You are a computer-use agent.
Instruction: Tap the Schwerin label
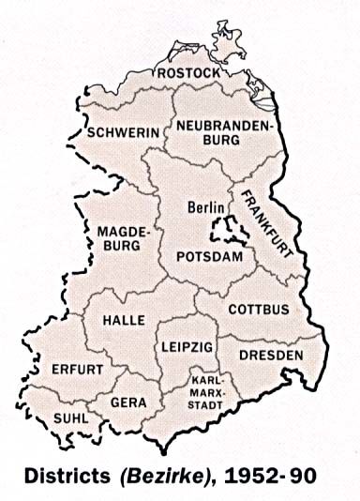tap(123, 134)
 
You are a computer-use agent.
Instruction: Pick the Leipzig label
tap(187, 347)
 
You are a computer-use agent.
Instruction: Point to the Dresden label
tap(271, 356)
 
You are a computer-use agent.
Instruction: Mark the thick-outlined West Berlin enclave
tap(224, 226)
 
